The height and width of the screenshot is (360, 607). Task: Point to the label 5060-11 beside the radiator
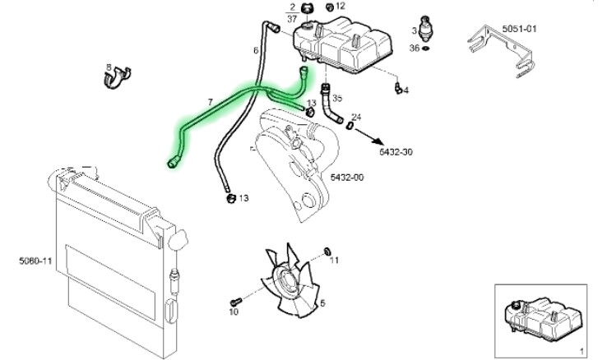[x=35, y=261]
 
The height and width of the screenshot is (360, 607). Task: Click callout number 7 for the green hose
[x=211, y=102]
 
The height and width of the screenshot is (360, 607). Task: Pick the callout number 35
[x=337, y=98]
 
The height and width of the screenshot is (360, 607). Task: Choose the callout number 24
[x=355, y=117]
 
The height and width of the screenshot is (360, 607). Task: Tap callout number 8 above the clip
[x=108, y=66]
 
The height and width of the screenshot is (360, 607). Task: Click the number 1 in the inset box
[x=581, y=350]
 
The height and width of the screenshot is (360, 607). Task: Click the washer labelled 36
[x=426, y=48]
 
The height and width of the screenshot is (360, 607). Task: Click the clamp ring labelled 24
[x=350, y=126]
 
